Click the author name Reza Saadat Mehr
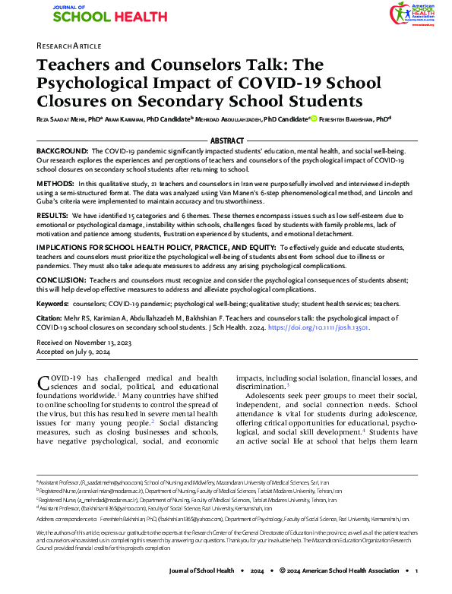pyautogui.click(x=65, y=119)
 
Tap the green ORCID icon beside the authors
pyautogui.click(x=313, y=118)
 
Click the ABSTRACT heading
pyautogui.click(x=226, y=141)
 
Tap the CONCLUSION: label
pyautogui.click(x=62, y=280)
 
